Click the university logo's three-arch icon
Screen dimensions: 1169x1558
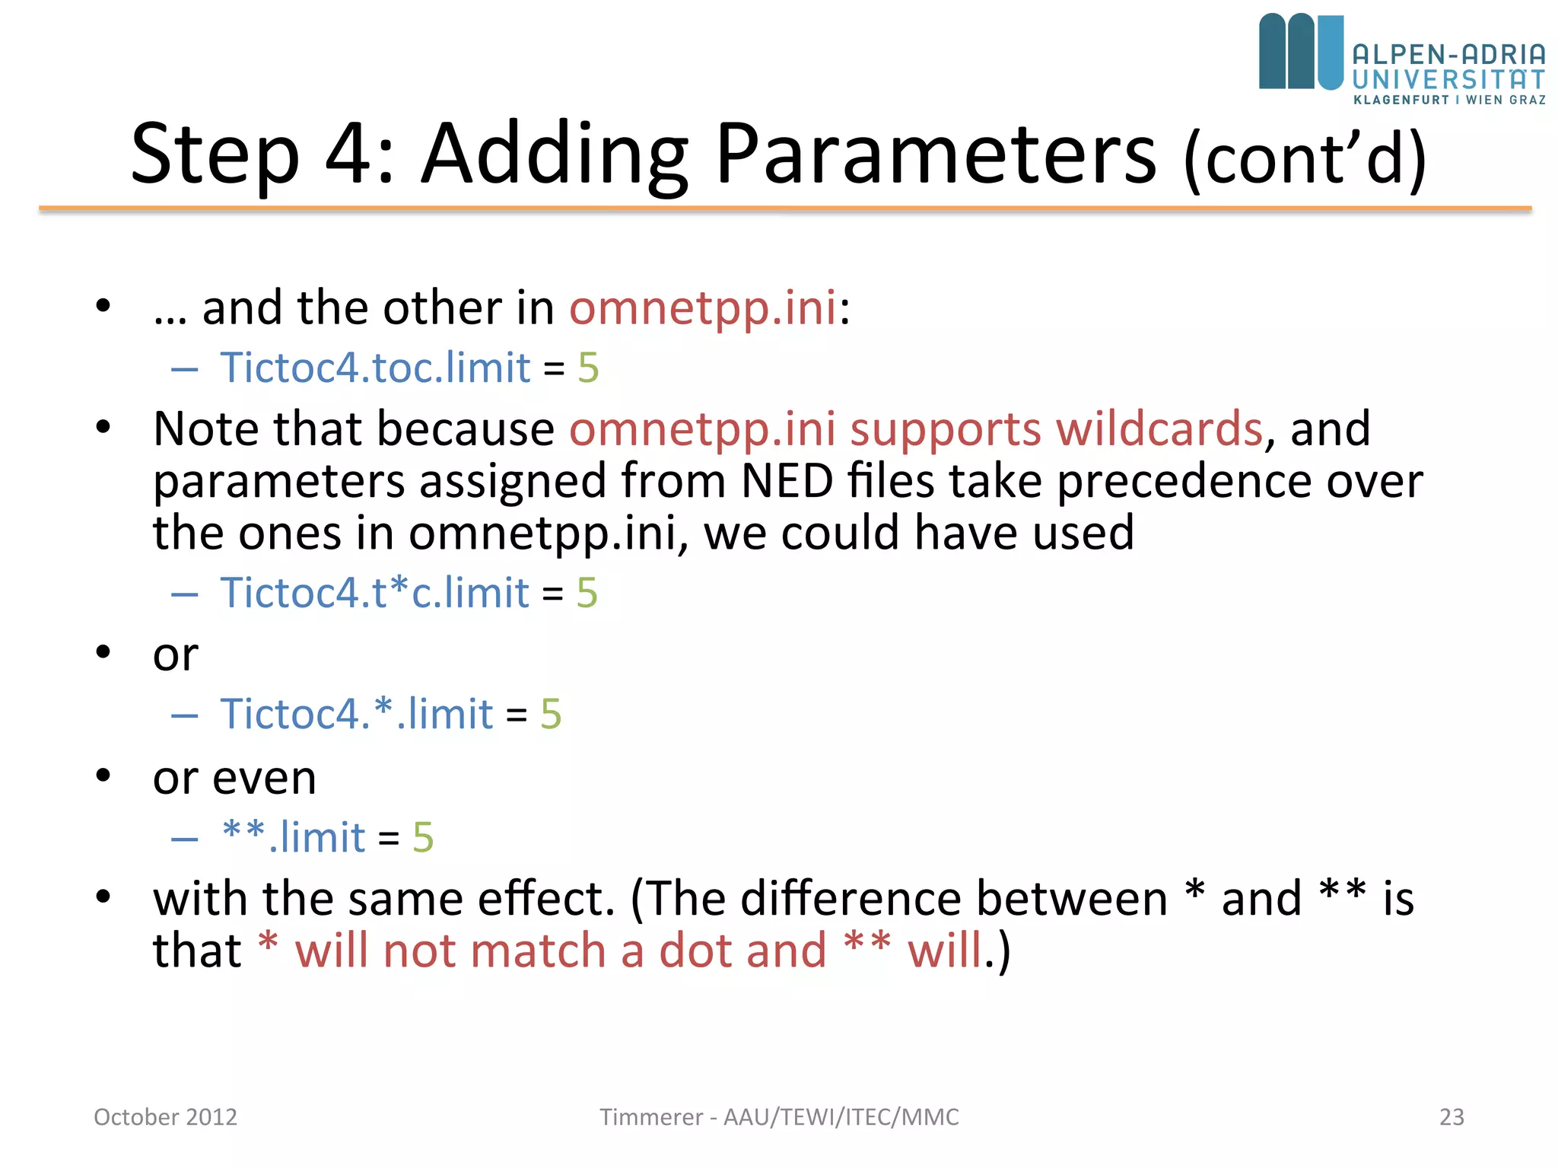point(1300,52)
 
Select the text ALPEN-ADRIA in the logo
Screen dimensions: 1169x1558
point(1448,55)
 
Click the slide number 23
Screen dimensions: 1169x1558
point(1451,1116)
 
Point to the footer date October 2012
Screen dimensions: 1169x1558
point(165,1116)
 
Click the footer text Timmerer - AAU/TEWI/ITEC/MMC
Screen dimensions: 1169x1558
point(779,1116)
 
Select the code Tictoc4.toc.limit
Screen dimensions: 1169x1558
point(375,368)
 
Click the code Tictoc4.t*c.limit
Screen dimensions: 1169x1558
point(374,592)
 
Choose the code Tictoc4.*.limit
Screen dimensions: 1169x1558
point(357,714)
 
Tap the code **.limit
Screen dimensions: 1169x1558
point(294,837)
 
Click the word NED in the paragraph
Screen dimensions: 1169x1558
point(787,481)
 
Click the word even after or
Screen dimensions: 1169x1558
point(264,778)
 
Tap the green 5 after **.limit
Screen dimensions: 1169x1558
point(423,837)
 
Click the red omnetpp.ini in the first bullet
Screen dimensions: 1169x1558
point(703,308)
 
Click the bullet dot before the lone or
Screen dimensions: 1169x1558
point(103,653)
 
